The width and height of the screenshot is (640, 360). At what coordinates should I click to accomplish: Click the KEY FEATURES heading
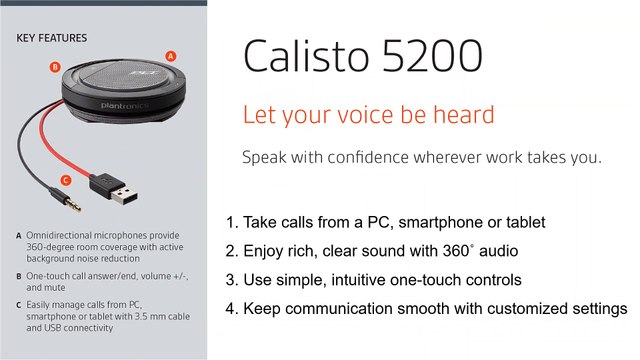click(51, 39)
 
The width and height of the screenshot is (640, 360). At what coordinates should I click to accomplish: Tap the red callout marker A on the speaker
click(170, 56)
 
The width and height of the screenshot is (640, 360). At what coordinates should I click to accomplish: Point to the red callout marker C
click(65, 180)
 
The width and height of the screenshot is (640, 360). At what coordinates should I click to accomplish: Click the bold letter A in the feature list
click(19, 237)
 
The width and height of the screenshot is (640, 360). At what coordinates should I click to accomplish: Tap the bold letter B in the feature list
click(19, 275)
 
